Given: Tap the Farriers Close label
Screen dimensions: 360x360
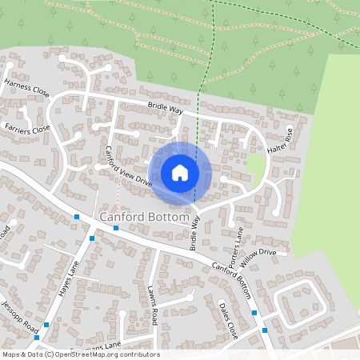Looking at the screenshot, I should pyautogui.click(x=27, y=127).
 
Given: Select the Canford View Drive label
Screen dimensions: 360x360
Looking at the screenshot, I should pyautogui.click(x=128, y=166).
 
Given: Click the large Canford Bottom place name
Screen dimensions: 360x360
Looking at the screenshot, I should pyautogui.click(x=145, y=217).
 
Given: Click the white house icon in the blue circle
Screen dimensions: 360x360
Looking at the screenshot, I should pyautogui.click(x=180, y=173).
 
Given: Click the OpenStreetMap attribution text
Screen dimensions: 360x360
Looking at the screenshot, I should pyautogui.click(x=80, y=354).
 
